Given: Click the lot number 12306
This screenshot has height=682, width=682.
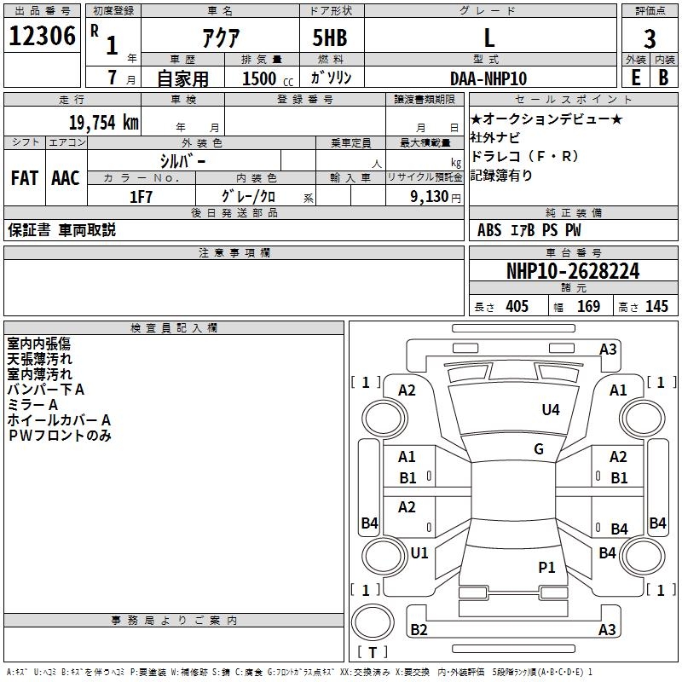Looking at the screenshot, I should [42, 36].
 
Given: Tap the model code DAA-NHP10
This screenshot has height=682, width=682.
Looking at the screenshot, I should [488, 78].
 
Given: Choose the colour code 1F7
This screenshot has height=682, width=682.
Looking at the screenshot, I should [141, 196].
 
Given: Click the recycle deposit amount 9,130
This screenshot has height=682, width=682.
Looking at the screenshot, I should [419, 196].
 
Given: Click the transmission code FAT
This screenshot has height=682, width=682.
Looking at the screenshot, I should [25, 178].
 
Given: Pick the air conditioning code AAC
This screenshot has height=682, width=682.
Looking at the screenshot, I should [66, 178].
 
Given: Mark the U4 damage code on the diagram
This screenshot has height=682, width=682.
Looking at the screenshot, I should [551, 410].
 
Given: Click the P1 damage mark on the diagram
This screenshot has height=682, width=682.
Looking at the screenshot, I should [546, 567].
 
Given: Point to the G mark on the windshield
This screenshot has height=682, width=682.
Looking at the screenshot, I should [539, 449].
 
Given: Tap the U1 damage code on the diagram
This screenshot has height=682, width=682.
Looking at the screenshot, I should [419, 553].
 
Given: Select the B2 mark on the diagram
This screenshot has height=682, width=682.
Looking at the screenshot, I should [419, 630].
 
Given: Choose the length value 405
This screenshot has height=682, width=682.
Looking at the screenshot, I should [517, 307].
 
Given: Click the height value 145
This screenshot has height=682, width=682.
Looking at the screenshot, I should [656, 307].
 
